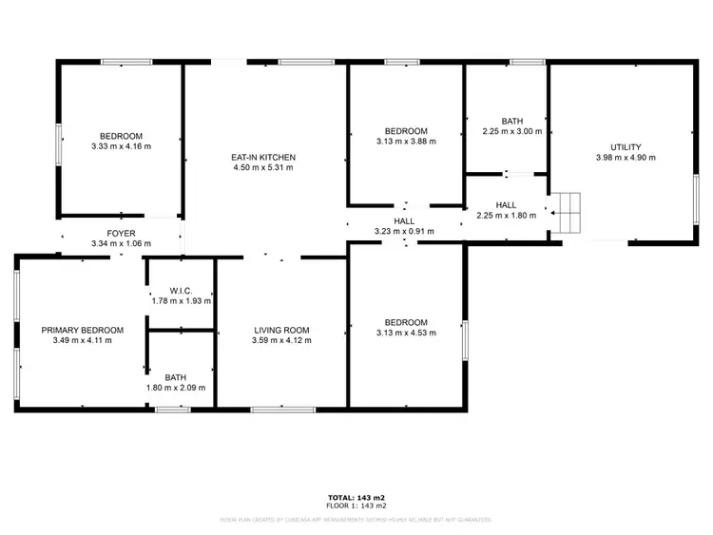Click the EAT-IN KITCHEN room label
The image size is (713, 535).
(x=263, y=157)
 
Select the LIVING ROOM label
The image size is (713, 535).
(x=281, y=330)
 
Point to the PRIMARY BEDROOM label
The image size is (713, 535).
(x=82, y=330)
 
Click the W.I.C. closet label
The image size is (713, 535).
(x=181, y=290)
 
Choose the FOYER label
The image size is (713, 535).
(x=121, y=233)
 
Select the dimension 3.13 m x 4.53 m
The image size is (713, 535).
(x=406, y=333)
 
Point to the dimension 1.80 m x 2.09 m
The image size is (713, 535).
(x=182, y=388)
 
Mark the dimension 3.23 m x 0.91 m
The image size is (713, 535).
(x=404, y=231)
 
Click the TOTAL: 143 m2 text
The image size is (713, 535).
(x=356, y=498)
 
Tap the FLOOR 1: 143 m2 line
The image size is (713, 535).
(x=356, y=506)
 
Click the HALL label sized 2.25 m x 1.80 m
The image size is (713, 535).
(x=506, y=204)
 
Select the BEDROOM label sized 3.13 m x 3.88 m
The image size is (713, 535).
(x=406, y=131)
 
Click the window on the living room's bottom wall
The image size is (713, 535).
(x=283, y=409)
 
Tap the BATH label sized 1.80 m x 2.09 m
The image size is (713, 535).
(x=182, y=376)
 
